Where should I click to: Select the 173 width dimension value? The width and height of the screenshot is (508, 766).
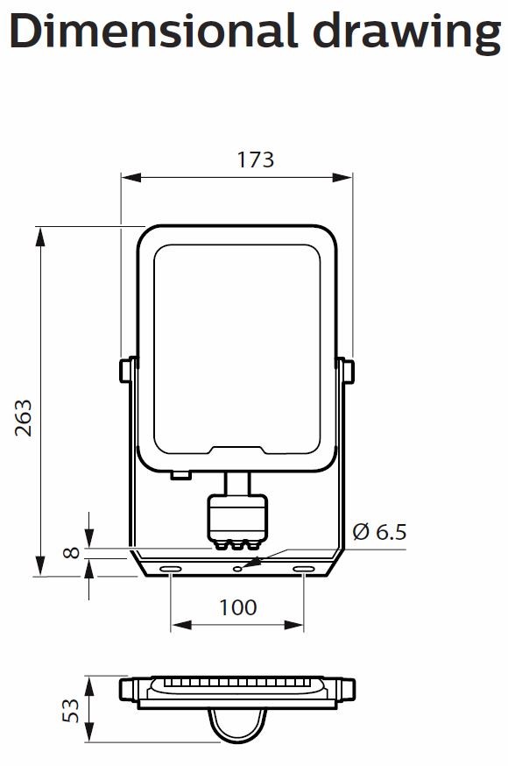[x=255, y=160]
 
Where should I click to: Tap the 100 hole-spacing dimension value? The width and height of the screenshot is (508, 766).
[x=236, y=606]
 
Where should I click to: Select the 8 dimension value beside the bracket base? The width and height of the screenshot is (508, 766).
[x=72, y=553]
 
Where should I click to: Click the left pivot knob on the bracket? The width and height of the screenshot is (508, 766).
[x=126, y=369]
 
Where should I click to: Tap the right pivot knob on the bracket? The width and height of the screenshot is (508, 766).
[x=349, y=371]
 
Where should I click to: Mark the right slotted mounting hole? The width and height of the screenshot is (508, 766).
[x=304, y=571]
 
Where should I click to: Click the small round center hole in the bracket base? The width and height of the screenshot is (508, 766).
[x=237, y=567]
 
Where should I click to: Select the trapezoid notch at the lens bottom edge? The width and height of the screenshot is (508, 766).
[x=237, y=450]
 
